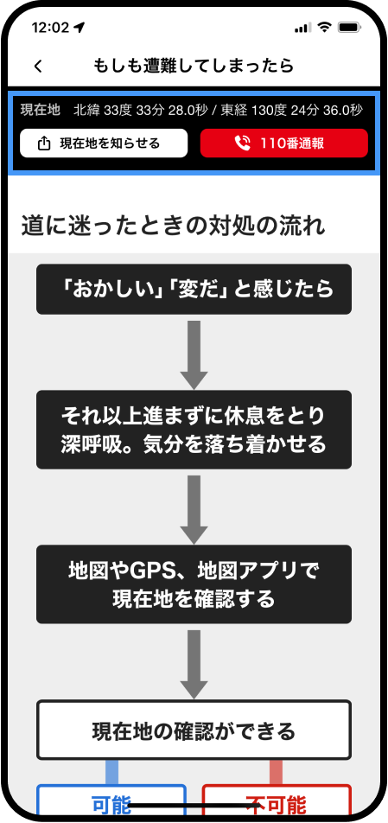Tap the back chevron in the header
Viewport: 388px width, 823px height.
point(37,66)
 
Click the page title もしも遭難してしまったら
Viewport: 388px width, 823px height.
point(194,66)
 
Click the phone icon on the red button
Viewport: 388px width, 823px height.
point(242,144)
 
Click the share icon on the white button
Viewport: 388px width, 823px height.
point(45,144)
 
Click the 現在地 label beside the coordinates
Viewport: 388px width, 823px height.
point(40,110)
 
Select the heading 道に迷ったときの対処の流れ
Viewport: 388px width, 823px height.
point(173,226)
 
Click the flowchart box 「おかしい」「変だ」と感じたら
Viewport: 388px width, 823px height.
point(194,289)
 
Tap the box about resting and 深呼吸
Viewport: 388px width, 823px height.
point(194,430)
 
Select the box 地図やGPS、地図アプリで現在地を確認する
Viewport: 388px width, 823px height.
point(194,584)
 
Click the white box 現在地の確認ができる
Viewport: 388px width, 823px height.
point(194,730)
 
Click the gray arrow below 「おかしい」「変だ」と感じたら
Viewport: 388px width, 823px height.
point(194,354)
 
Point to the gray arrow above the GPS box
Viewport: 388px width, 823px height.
point(194,508)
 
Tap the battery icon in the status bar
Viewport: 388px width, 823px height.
point(349,28)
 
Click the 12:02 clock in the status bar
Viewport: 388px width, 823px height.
point(50,28)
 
